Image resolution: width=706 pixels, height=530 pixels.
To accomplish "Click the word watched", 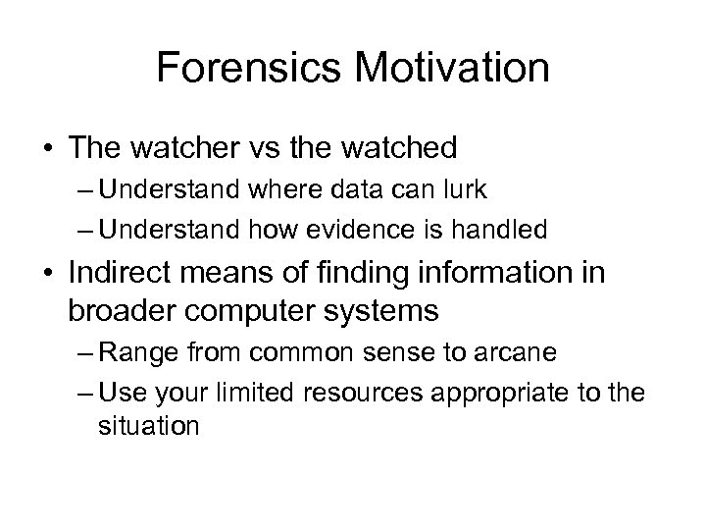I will [400, 148].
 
